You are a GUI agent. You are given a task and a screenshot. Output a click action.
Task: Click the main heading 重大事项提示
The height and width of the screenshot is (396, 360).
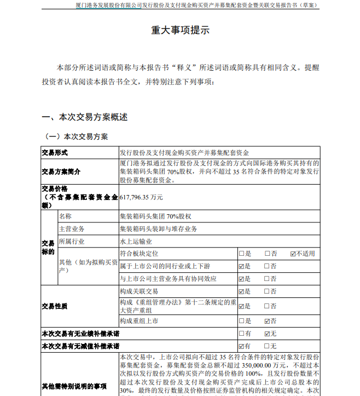pos(180,31)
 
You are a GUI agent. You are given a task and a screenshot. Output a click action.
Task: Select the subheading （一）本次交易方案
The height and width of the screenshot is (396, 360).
pos(76,136)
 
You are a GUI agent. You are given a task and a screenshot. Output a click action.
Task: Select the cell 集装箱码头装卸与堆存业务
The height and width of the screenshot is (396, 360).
pos(158,228)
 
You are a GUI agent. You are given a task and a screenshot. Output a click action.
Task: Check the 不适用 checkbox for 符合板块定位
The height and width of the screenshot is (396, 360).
pos(294,254)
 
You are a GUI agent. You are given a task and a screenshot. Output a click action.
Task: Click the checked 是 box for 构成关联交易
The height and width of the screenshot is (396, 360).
pos(242,291)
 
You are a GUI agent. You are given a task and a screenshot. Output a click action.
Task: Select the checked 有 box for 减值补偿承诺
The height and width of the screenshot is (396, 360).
pos(242,346)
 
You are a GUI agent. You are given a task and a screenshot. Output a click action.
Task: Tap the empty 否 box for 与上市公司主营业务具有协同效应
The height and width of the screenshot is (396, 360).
pos(268,279)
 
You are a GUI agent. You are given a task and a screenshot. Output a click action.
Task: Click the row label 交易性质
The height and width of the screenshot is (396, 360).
pos(55,306)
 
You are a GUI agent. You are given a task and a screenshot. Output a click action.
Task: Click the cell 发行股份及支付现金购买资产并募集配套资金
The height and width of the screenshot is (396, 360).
pos(188,153)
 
